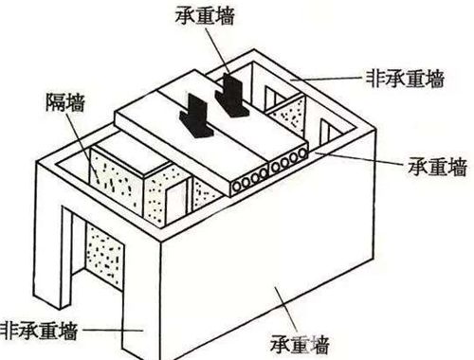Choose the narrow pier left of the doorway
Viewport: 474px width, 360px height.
(46, 256)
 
